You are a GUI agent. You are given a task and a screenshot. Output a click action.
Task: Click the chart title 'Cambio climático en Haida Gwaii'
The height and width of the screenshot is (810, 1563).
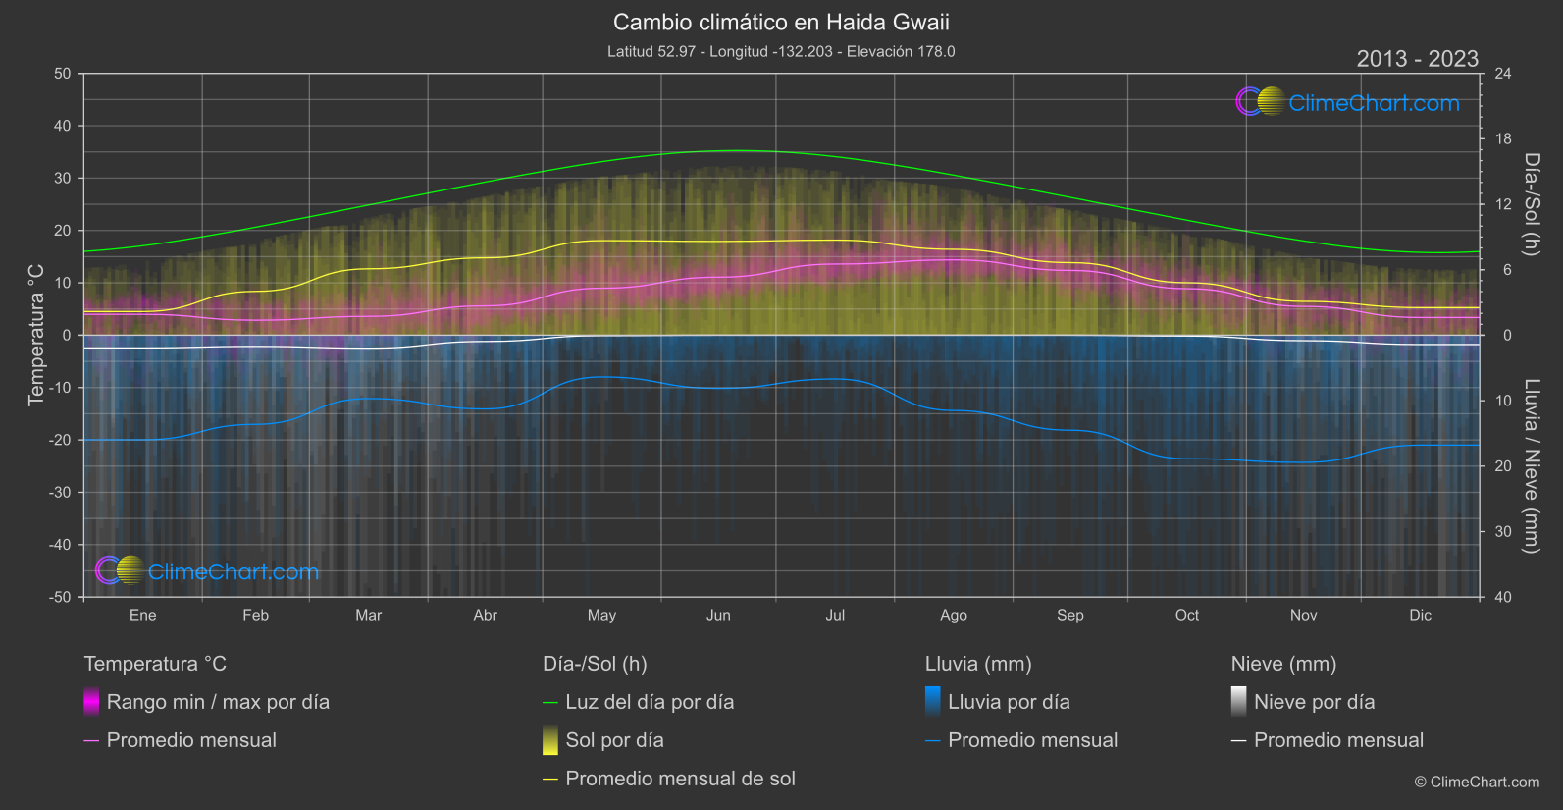click(x=781, y=22)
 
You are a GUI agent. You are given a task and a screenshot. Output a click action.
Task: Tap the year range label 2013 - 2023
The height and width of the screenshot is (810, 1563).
click(x=1417, y=59)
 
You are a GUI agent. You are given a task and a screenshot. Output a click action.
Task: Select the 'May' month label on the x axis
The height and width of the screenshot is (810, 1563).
click(x=601, y=615)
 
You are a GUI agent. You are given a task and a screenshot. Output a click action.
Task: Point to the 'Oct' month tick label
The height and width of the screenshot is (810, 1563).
click(x=1186, y=615)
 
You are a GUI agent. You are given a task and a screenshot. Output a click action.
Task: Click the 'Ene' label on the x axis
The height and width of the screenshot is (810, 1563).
click(x=143, y=615)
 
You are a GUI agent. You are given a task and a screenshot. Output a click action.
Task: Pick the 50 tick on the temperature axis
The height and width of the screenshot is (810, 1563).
click(x=63, y=74)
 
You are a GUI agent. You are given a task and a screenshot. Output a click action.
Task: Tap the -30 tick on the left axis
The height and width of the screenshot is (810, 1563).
click(x=60, y=492)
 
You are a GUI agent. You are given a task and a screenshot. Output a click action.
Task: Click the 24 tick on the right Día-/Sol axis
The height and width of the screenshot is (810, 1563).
click(x=1503, y=74)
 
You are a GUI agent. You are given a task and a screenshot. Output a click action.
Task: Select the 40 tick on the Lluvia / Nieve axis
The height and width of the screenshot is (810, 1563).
click(x=1503, y=597)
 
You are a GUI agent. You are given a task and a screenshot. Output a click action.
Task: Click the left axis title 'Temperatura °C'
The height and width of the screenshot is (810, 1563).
click(x=36, y=334)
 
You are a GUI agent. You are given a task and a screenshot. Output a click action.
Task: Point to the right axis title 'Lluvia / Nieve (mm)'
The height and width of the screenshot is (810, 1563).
click(x=1531, y=465)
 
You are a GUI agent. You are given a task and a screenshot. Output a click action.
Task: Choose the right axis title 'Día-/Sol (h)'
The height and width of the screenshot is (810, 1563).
click(x=1531, y=204)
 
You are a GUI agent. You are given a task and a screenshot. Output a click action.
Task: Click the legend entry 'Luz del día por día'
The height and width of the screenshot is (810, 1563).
click(x=649, y=702)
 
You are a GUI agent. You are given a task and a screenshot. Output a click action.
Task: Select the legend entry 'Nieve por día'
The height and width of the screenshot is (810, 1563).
click(x=1314, y=702)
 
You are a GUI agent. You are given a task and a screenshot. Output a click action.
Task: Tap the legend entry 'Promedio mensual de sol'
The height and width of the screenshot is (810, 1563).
click(x=680, y=779)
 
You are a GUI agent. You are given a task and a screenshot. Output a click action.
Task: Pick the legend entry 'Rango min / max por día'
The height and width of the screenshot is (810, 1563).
click(x=218, y=702)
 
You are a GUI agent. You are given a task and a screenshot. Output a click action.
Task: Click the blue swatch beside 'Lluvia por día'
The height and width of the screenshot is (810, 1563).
click(x=933, y=701)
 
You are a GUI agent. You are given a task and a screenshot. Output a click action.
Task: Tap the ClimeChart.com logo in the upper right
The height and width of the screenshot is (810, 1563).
click(x=1348, y=102)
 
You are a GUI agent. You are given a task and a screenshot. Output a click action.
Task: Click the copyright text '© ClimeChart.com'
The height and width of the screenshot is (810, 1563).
click(x=1477, y=782)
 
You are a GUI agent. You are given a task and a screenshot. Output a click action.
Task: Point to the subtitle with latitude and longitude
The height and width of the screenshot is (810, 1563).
click(x=781, y=51)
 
